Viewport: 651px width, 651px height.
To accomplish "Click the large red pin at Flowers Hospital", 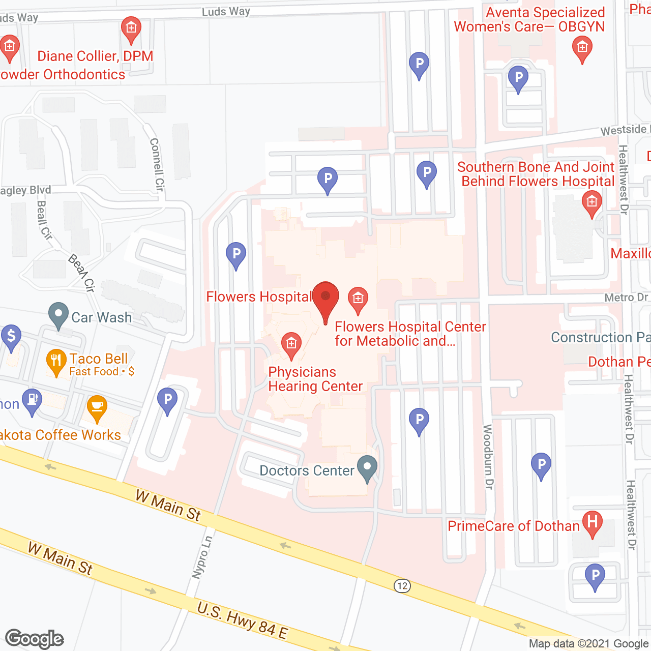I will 325,298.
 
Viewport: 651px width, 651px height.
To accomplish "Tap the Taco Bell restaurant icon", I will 56,360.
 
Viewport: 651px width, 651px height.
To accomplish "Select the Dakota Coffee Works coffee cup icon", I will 97,407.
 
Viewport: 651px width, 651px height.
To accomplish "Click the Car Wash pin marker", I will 58,314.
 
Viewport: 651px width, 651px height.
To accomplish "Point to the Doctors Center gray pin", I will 367,467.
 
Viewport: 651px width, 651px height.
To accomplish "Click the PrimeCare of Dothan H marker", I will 592,522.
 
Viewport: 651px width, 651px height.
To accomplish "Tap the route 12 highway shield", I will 402,586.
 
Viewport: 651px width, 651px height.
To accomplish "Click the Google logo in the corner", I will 35,639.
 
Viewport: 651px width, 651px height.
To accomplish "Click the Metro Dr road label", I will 626,298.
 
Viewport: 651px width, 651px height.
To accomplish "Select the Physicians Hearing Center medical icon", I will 291,343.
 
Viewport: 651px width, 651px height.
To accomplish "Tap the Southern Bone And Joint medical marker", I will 591,202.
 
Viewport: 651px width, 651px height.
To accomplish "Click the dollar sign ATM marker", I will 11,336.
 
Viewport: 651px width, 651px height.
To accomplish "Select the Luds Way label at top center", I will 226,12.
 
